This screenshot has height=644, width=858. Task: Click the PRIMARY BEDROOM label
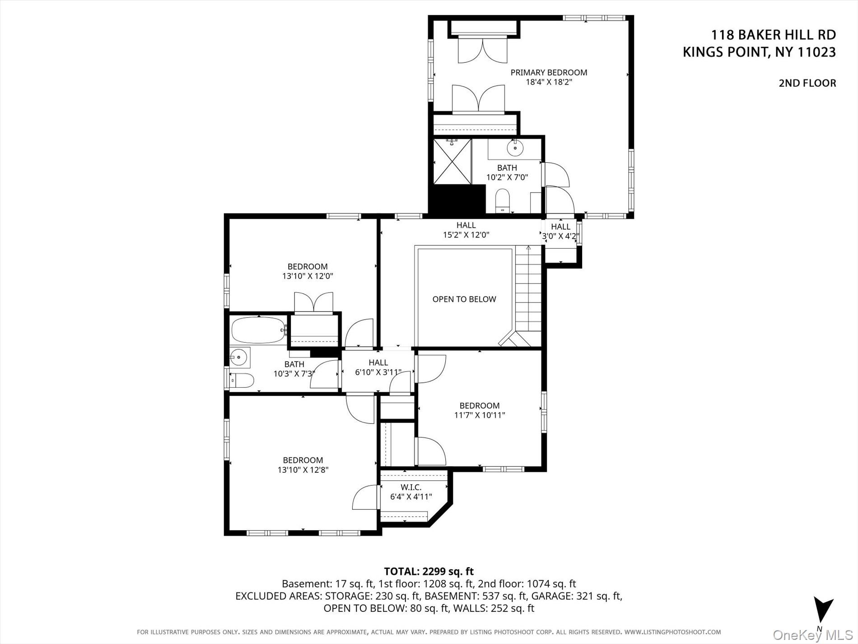(x=549, y=72)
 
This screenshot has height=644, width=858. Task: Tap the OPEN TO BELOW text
(x=464, y=299)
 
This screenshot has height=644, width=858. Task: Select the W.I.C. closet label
(x=411, y=487)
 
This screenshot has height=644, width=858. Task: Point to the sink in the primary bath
(x=515, y=147)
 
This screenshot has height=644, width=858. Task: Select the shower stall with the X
(x=452, y=161)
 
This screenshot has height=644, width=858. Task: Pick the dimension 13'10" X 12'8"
(x=303, y=470)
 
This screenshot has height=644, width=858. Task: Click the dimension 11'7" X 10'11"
(x=480, y=415)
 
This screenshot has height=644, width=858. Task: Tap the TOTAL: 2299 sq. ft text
(x=429, y=571)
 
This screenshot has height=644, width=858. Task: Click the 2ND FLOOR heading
(x=807, y=83)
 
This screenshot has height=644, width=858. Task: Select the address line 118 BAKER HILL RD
(x=773, y=35)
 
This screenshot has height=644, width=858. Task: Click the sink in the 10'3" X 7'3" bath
(x=238, y=357)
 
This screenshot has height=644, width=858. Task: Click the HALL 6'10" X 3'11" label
(x=378, y=367)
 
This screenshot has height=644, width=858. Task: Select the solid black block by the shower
(x=456, y=199)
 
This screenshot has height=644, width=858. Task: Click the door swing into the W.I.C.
(x=365, y=498)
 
